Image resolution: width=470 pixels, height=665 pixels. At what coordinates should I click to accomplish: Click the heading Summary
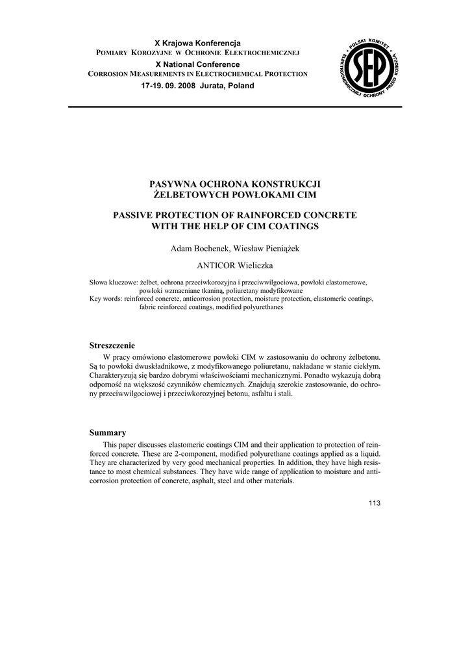107,433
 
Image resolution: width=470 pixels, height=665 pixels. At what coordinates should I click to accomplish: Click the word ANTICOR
217,266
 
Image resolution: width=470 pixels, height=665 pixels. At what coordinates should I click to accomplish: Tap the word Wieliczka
256,266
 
